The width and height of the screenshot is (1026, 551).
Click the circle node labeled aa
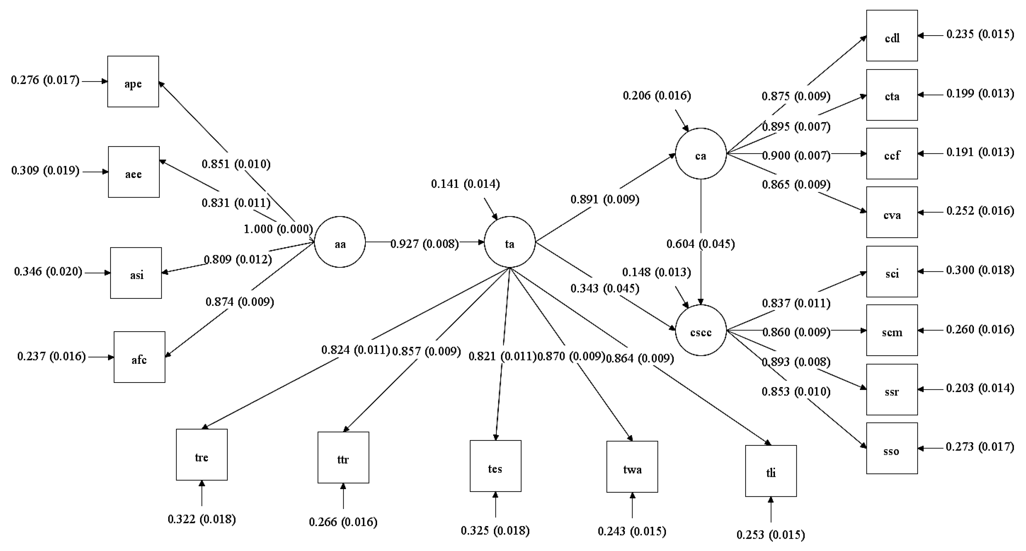pos(340,242)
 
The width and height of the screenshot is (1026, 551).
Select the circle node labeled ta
pos(509,242)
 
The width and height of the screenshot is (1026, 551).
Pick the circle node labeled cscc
pos(701,330)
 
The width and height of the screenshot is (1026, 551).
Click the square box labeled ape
pos(133,82)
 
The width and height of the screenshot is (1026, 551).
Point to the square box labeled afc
pos(139,357)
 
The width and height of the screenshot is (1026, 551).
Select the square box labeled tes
pos(495,466)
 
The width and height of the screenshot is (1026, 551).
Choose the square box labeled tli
pos(771,471)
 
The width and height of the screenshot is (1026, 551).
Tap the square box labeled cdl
pos(892,36)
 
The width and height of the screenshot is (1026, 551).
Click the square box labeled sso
pos(892,448)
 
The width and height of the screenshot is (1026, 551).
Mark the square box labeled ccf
pos(892,154)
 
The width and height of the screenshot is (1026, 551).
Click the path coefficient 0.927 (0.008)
pos(425,244)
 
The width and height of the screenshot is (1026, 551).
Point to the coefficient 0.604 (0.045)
pos(701,244)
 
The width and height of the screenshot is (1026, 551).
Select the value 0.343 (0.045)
pos(605,288)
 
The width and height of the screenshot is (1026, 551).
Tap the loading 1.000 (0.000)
pos(278,229)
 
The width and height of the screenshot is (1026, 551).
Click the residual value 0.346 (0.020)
pos(48,271)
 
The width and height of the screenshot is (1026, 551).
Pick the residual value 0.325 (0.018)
pos(495,531)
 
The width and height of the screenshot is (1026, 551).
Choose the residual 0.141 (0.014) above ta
pos(465,184)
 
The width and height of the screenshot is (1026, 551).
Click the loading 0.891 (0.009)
pos(605,199)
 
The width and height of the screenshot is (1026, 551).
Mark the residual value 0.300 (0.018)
pos(980,270)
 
